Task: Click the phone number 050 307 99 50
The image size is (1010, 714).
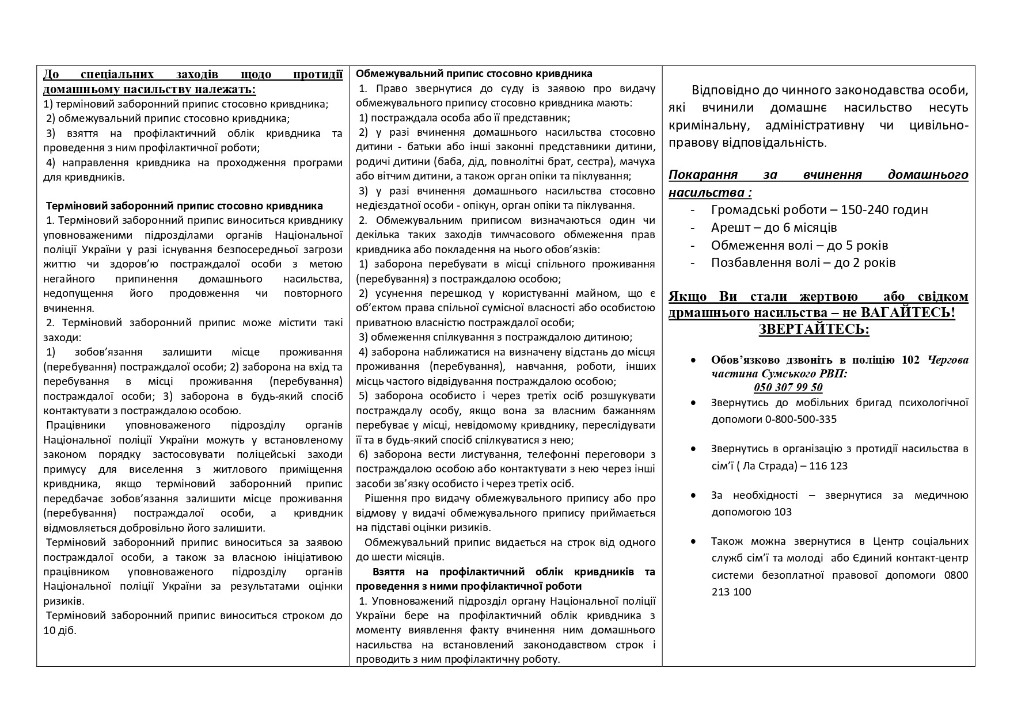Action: tap(788, 387)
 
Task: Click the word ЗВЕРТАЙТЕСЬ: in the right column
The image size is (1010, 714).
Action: tap(814, 330)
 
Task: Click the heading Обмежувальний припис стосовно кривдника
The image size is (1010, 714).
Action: tap(474, 74)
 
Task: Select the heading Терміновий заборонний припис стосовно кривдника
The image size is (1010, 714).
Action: tap(184, 206)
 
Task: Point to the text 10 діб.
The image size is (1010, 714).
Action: tap(60, 631)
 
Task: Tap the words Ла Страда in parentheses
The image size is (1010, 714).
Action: tap(768, 466)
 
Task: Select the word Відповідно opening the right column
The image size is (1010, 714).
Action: tap(725, 90)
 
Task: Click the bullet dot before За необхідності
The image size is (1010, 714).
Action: tap(696, 495)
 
